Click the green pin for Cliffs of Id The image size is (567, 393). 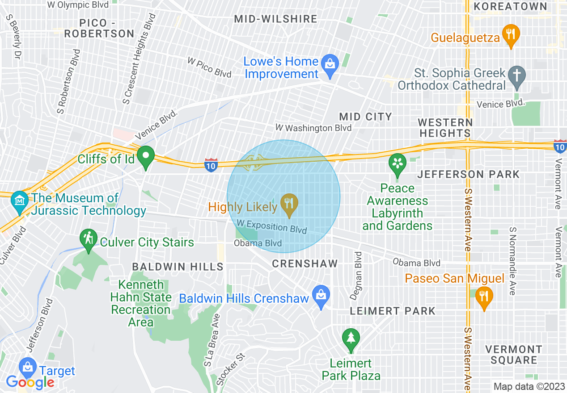[x=145, y=156]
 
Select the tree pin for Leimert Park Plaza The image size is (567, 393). [x=351, y=338]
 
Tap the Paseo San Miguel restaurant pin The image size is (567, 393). [x=483, y=296]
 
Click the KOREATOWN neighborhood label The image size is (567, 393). [x=510, y=6]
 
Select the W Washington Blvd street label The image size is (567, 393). [x=313, y=128]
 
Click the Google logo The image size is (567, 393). [x=30, y=382]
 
